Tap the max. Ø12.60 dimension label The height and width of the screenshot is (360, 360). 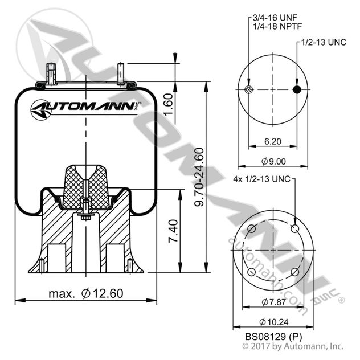pos(85,293)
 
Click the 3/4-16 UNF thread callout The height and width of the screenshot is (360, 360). pos(272,18)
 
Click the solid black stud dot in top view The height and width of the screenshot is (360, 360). pos(296,90)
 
